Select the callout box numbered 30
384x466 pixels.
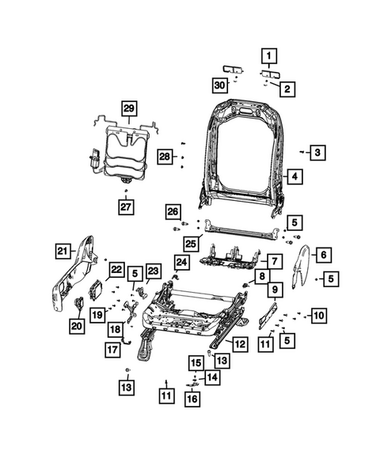point(221,84)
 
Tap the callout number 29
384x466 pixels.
point(128,108)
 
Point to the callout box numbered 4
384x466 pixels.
point(293,177)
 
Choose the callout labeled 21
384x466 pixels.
point(63,252)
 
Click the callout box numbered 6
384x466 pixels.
point(322,254)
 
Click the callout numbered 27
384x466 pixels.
point(127,206)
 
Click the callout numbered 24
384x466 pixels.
point(182,262)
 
